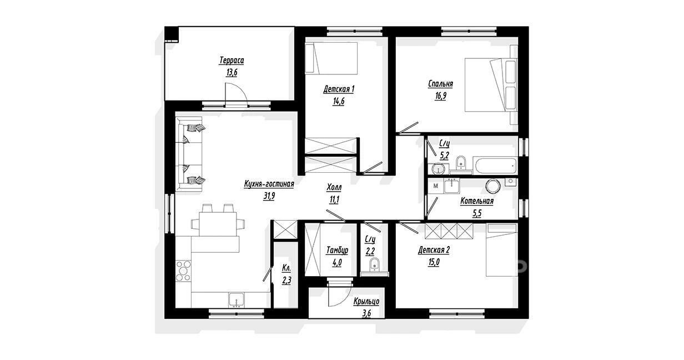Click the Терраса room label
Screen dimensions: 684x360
(x=232, y=61)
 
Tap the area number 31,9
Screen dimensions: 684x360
(x=269, y=196)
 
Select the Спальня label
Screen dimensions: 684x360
(x=440, y=84)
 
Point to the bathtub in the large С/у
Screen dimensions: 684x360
(x=495, y=166)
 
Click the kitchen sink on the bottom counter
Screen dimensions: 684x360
(x=237, y=300)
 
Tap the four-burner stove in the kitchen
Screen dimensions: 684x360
(x=183, y=271)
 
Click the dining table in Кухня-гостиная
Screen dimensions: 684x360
(x=218, y=224)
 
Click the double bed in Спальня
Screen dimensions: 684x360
(x=491, y=84)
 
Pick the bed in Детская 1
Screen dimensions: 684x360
(x=331, y=58)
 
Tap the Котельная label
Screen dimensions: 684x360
(x=477, y=201)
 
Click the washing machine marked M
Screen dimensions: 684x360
(x=436, y=186)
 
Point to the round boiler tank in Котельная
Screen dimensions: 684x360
(x=492, y=186)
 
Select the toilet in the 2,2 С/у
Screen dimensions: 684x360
(x=374, y=264)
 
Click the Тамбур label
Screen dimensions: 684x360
(x=337, y=251)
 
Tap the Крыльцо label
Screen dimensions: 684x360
(x=366, y=302)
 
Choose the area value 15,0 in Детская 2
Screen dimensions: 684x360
(x=434, y=262)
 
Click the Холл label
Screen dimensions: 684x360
(x=334, y=187)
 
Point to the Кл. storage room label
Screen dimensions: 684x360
(x=286, y=268)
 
